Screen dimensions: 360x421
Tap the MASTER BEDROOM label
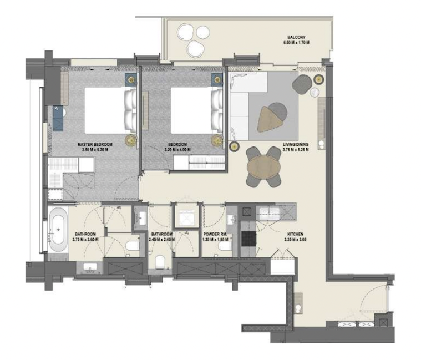[92, 144]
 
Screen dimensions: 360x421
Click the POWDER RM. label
[215, 234]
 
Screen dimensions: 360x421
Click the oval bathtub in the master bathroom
[58, 228]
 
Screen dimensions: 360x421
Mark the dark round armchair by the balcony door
[302, 84]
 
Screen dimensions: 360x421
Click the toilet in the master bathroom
[131, 245]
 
